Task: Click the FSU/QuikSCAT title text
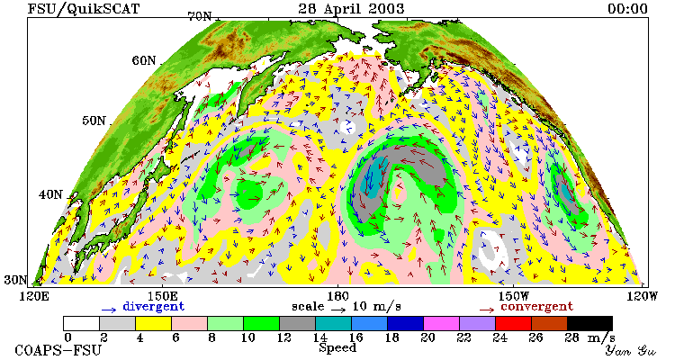click(84, 9)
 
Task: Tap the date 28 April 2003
click(351, 8)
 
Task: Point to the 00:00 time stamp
click(627, 9)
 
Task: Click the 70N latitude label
click(200, 16)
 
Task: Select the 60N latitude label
click(144, 60)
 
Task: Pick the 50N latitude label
click(94, 121)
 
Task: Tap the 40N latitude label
click(50, 194)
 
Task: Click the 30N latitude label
click(16, 280)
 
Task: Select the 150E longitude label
click(162, 297)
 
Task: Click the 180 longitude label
click(337, 297)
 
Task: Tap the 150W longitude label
click(514, 297)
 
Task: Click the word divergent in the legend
click(154, 307)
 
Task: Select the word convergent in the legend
click(537, 307)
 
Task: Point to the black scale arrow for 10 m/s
click(338, 309)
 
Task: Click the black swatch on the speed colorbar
click(589, 323)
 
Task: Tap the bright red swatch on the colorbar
click(513, 323)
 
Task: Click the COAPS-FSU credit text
click(58, 350)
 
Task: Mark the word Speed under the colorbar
click(337, 348)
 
